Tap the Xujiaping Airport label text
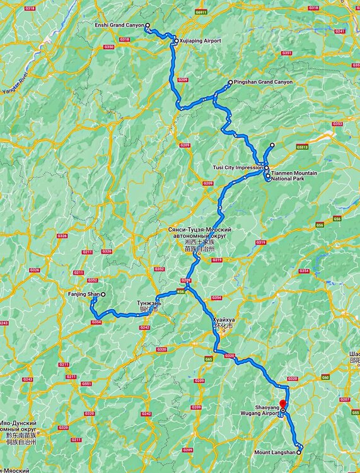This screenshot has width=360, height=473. point(200,41)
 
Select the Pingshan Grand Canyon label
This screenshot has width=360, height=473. point(264,82)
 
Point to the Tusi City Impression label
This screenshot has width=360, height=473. point(238,168)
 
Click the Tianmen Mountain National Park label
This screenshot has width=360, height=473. point(295,175)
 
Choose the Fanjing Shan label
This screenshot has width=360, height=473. point(83,295)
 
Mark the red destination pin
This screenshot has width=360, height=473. point(283,403)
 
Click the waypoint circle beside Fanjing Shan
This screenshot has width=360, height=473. point(103,295)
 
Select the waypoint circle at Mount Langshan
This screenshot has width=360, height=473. point(299,452)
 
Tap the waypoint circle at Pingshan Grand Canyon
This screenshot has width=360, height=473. point(231,83)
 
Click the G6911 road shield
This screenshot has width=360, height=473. point(201,11)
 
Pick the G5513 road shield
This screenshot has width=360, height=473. point(303,147)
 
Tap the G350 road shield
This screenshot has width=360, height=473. point(109,47)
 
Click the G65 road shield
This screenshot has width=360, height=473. point(208,359)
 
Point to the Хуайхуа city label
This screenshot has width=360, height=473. point(224,320)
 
